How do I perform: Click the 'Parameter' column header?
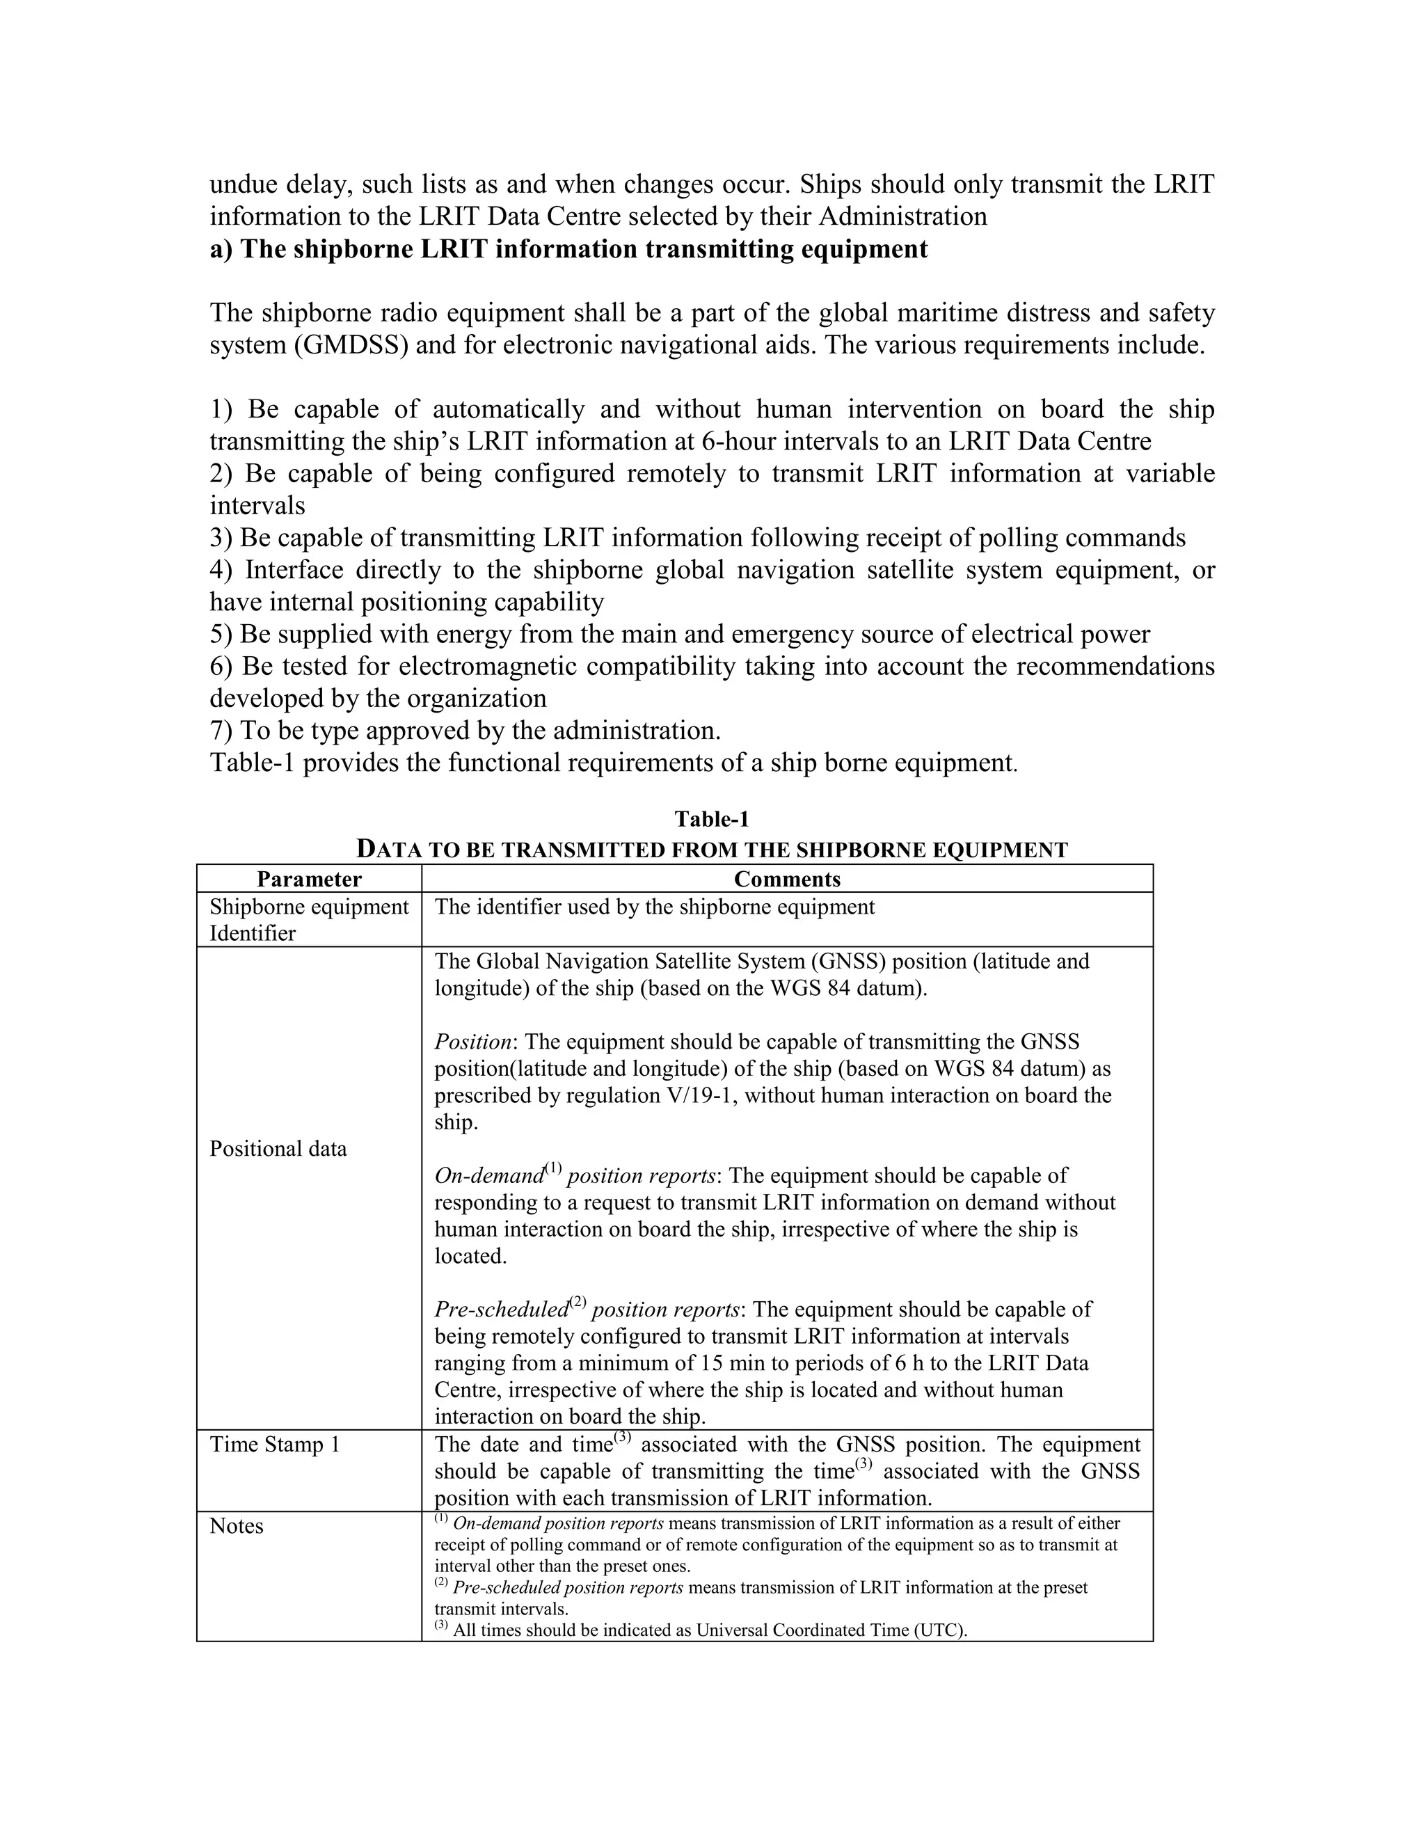[x=309, y=879]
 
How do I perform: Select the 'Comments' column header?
[x=787, y=879]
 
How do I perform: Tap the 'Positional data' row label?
[x=278, y=1148]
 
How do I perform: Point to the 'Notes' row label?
[x=237, y=1526]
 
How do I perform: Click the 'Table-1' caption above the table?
[x=712, y=819]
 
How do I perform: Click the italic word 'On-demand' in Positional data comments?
[x=488, y=1176]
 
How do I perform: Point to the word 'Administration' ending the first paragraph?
[x=902, y=216]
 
